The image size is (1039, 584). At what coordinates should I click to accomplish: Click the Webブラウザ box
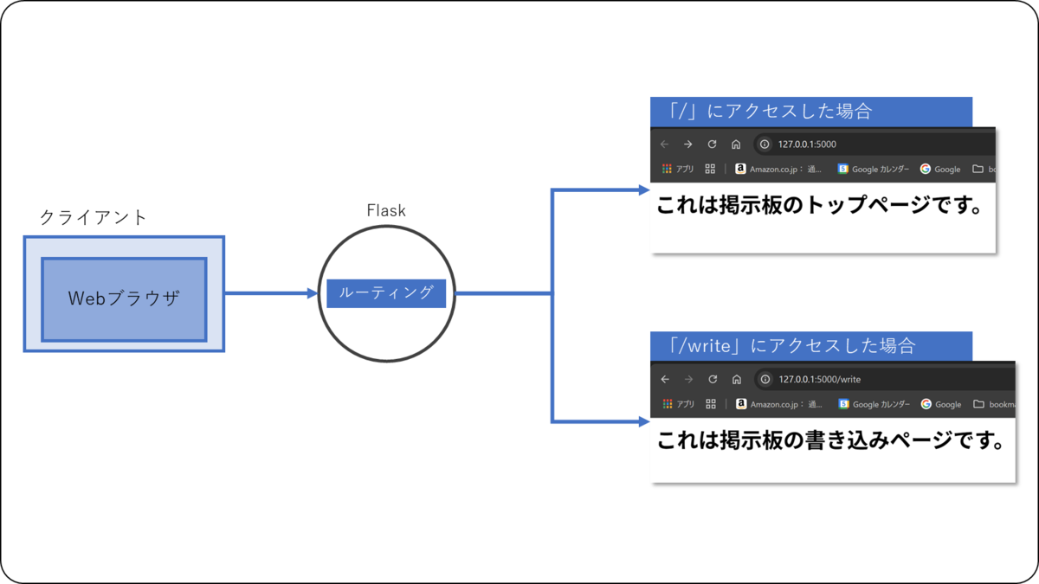coord(124,298)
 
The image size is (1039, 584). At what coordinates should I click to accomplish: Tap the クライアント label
coord(94,217)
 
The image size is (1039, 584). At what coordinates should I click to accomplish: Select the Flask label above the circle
coord(386,211)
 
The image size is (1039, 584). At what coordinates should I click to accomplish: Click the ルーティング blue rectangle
coord(386,293)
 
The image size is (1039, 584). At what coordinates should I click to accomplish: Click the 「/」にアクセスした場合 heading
coord(771,112)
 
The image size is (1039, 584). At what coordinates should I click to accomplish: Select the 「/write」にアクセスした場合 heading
coord(792,346)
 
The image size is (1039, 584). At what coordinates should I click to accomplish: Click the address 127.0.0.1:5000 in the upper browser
coord(807,144)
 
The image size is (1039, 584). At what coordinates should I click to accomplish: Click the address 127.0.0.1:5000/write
coord(819,379)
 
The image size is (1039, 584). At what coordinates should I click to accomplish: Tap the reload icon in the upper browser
coord(712,144)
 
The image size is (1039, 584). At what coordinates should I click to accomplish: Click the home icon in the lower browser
coord(736,379)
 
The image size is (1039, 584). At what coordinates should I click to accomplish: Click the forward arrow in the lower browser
coord(688,379)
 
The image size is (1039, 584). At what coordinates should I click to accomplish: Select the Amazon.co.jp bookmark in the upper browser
coord(778,170)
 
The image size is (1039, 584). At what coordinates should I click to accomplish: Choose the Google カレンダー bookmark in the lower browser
coord(874,404)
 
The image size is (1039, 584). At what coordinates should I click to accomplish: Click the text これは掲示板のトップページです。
coord(821,207)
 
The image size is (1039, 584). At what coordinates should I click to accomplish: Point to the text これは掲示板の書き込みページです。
coord(829,440)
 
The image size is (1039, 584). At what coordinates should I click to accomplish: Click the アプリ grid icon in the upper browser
coord(667,170)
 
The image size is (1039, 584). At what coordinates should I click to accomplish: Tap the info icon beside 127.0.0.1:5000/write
coord(765,379)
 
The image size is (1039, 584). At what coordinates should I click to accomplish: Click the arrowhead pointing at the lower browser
coord(644,422)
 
